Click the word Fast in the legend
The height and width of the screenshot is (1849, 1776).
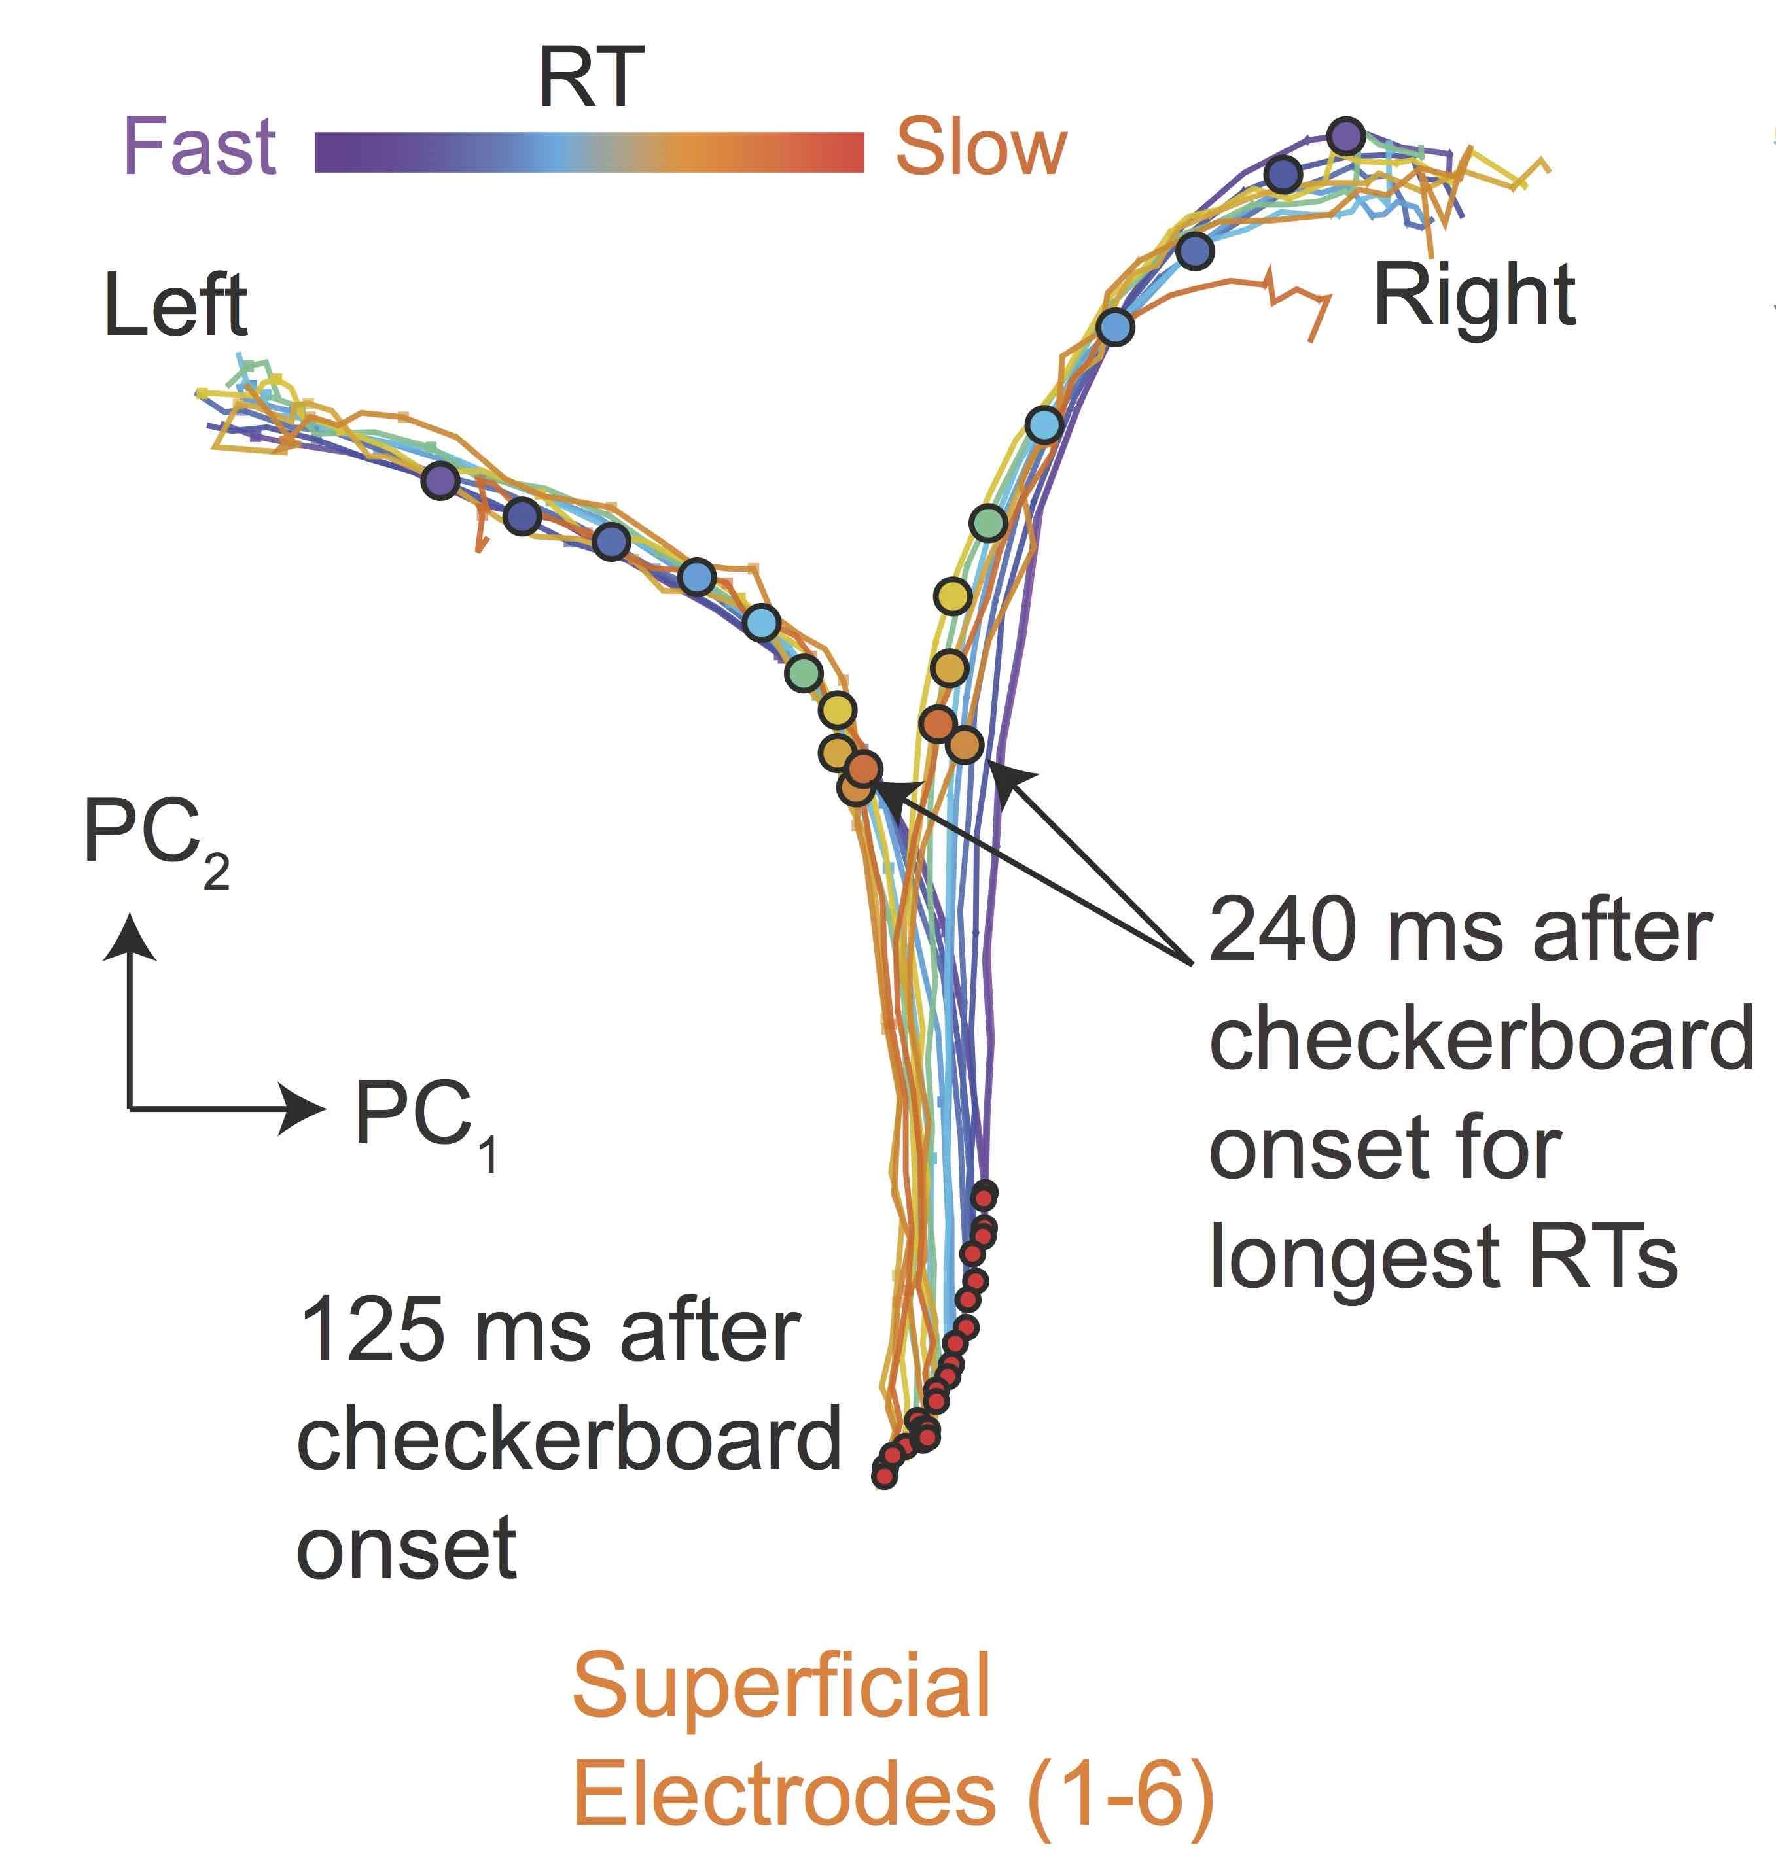tap(200, 147)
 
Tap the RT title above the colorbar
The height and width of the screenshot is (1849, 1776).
tap(591, 77)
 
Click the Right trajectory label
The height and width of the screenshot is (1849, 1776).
tap(1474, 295)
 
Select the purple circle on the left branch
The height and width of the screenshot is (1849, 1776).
tap(440, 481)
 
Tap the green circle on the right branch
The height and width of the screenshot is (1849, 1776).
tap(988, 522)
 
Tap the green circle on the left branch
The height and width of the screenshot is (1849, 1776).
tap(804, 672)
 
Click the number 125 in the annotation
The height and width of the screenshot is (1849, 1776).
tap(372, 1330)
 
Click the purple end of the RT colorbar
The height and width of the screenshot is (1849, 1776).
tap(326, 152)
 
